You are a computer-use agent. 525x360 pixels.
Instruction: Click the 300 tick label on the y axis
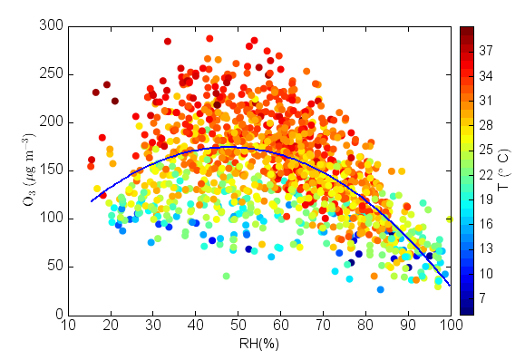coord(51,25)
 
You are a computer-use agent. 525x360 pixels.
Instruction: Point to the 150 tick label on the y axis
coord(51,170)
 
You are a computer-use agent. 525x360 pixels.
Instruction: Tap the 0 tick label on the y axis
coord(59,315)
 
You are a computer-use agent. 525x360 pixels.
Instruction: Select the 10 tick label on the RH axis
coord(69,326)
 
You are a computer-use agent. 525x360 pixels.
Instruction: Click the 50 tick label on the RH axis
coord(238,326)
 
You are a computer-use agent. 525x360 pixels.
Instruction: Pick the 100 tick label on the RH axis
coord(451,326)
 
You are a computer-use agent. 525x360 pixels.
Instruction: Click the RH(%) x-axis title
coord(259,344)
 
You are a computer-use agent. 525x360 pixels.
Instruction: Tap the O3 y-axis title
coord(28,170)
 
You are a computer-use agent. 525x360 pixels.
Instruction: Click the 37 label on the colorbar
coord(486,51)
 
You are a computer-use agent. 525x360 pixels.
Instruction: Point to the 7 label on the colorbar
coord(482,297)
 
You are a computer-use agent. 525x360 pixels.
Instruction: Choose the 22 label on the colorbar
coord(486,174)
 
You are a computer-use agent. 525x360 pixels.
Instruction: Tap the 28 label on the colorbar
coord(486,125)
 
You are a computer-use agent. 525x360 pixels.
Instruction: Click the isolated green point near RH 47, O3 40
coord(227,277)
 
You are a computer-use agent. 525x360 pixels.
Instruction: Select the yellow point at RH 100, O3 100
coord(450,219)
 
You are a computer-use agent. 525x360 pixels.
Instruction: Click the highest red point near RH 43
coord(209,38)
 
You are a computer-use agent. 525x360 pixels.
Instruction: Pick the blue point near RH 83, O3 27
coord(380,289)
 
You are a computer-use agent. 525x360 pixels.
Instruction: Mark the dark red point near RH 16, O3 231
coord(96,92)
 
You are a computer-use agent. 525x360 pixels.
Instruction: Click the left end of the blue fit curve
coord(92,201)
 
